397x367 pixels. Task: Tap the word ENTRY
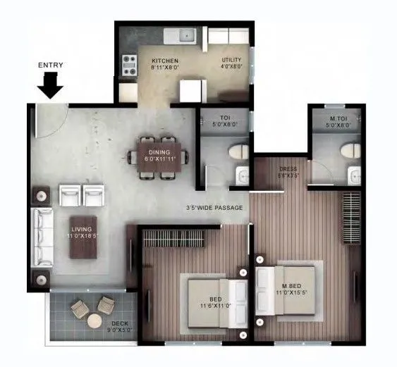point(51,66)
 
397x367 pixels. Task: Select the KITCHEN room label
point(164,61)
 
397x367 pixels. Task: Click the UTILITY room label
point(231,60)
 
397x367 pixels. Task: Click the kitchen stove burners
point(129,65)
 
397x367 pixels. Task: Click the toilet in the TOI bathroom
point(238,151)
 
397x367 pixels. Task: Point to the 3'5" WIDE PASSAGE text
point(214,208)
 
